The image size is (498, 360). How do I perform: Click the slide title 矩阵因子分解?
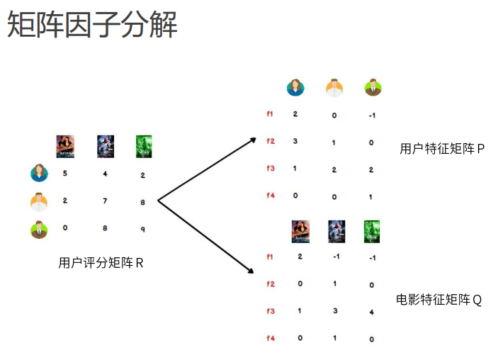coord(92,25)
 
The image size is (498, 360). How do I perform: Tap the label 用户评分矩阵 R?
coord(101,263)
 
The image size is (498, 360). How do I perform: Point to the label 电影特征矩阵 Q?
coord(438,300)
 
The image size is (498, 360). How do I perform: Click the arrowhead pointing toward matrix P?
coord(251,140)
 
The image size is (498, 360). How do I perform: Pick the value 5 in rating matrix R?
coord(65,173)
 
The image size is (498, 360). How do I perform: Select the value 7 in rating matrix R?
coord(105,201)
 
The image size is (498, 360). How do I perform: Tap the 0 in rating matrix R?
coord(65,229)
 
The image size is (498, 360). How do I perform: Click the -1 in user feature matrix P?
coord(372,115)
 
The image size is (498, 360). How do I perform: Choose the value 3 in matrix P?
coord(295,142)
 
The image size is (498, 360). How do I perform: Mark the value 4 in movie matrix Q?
coord(372,312)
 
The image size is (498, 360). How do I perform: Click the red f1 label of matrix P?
coord(270,114)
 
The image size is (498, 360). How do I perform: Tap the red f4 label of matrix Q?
coord(270,339)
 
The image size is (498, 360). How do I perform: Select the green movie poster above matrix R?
coord(144,147)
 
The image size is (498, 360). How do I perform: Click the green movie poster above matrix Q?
coord(372,232)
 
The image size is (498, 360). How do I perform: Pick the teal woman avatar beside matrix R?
coord(39,173)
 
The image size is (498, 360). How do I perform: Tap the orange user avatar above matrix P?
coord(334,88)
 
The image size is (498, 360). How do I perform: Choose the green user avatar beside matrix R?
coord(39,230)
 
